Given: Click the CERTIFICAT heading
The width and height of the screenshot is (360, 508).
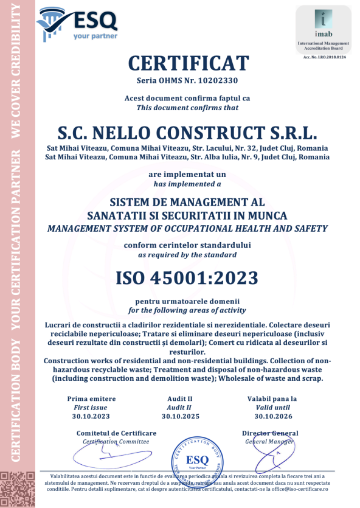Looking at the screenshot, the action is pyautogui.click(x=188, y=63).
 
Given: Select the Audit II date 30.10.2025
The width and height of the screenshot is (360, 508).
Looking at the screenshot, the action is pyautogui.click(x=179, y=416).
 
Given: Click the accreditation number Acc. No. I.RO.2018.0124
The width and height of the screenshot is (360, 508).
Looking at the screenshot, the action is pyautogui.click(x=324, y=57).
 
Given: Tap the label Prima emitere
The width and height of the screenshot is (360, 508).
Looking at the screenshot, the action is pyautogui.click(x=91, y=398).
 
